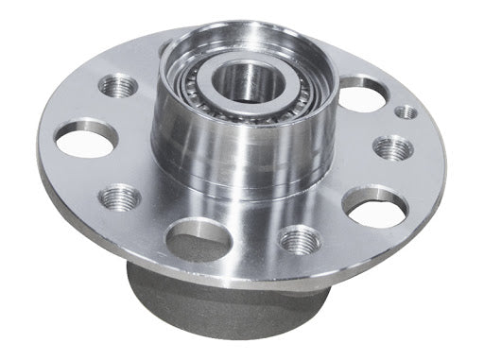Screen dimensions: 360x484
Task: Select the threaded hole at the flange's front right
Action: coord(301,239)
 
